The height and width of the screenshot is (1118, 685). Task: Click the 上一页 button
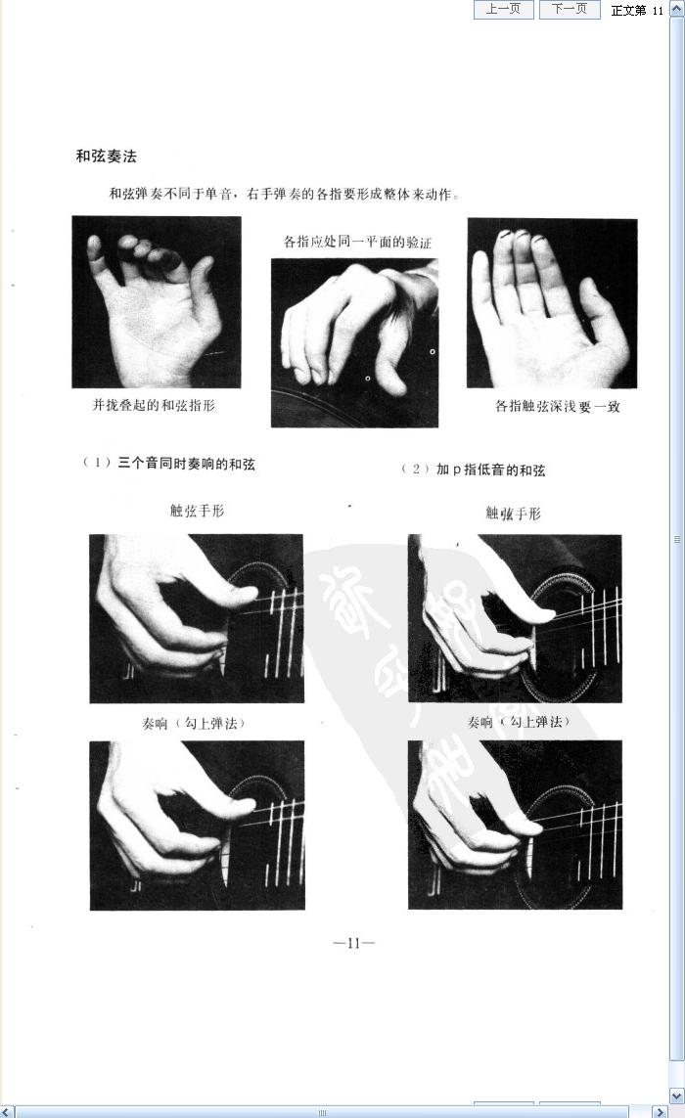pos(503,9)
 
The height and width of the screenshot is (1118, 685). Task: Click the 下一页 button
pos(569,9)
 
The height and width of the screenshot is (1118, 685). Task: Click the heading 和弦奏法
pos(107,157)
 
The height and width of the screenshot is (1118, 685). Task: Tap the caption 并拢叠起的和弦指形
pos(154,405)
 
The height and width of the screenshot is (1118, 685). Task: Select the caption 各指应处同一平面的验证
pos(357,242)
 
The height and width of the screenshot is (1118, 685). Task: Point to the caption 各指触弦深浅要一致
pos(557,407)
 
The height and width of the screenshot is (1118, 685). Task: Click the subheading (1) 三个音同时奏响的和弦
pos(169,464)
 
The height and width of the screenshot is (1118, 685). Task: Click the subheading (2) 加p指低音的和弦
pos(473,470)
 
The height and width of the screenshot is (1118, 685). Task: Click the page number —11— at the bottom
pos(354,943)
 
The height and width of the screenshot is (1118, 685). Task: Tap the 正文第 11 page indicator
pos(637,10)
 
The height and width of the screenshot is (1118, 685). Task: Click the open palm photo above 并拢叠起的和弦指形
pos(157,302)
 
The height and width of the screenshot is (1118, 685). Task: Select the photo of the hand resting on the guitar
pos(354,343)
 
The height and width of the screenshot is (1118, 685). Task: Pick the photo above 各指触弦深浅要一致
pos(552,303)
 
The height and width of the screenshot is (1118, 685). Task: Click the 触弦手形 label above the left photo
pos(197,511)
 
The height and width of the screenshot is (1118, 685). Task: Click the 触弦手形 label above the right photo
pos(513,514)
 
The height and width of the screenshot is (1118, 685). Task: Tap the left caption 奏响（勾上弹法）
pos(194,723)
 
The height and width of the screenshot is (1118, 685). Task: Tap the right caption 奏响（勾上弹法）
pos(519,722)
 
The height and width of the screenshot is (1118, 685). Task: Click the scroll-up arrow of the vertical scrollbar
pos(677,9)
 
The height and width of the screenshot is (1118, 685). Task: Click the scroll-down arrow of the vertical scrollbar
pos(677,1096)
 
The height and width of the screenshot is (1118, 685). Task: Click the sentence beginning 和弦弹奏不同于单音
pos(284,194)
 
